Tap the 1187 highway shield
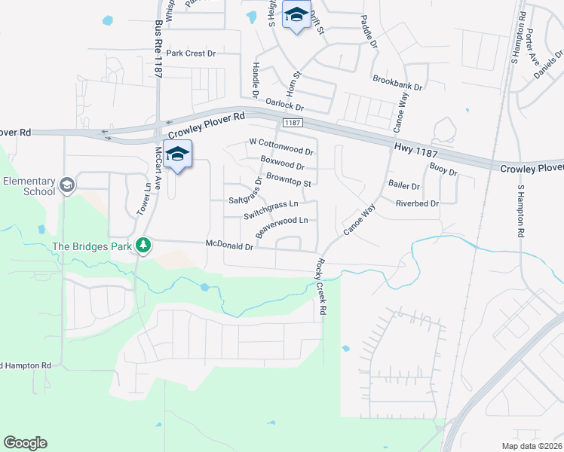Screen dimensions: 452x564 click(x=293, y=123)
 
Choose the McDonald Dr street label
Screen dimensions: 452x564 click(x=228, y=244)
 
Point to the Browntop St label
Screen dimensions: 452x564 click(x=288, y=183)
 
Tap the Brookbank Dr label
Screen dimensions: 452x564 click(x=397, y=78)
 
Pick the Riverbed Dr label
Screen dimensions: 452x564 click(x=417, y=203)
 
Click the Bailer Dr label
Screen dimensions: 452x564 click(x=403, y=185)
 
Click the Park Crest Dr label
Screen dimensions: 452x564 click(x=191, y=53)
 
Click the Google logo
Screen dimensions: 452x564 click(x=25, y=443)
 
